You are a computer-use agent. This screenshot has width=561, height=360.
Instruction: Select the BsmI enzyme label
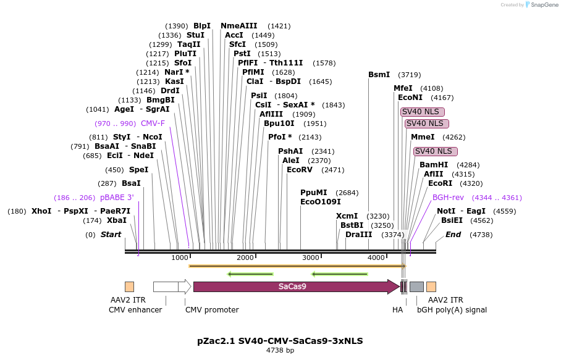pos(379,75)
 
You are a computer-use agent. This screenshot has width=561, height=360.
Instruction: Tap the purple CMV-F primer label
pos(153,123)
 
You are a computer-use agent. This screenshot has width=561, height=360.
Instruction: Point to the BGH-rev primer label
pos(448,198)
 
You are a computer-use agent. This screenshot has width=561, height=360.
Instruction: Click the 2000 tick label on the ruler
pos(245,257)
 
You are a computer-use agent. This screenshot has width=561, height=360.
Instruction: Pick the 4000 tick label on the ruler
pos(376,257)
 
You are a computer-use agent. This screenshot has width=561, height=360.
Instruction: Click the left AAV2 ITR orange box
pos(129,287)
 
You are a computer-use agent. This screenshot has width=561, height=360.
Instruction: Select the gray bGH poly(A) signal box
pos(416,287)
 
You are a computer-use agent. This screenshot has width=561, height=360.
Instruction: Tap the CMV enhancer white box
pos(165,287)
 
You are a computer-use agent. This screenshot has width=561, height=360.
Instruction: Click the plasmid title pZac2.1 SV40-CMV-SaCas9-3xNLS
pos(280,340)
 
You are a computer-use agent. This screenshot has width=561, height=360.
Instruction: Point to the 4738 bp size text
pos(280,351)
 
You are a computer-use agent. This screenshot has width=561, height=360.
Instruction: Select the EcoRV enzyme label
pos(298,170)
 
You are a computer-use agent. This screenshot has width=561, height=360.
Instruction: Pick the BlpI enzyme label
pos(202,26)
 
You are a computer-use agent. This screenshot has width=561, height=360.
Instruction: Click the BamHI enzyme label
pos(434,165)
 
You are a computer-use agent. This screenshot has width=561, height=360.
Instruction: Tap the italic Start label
pos(111,235)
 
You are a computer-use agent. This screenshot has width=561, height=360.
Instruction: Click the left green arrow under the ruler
pos(250,274)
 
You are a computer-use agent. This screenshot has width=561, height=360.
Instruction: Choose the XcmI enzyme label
pos(347,216)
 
